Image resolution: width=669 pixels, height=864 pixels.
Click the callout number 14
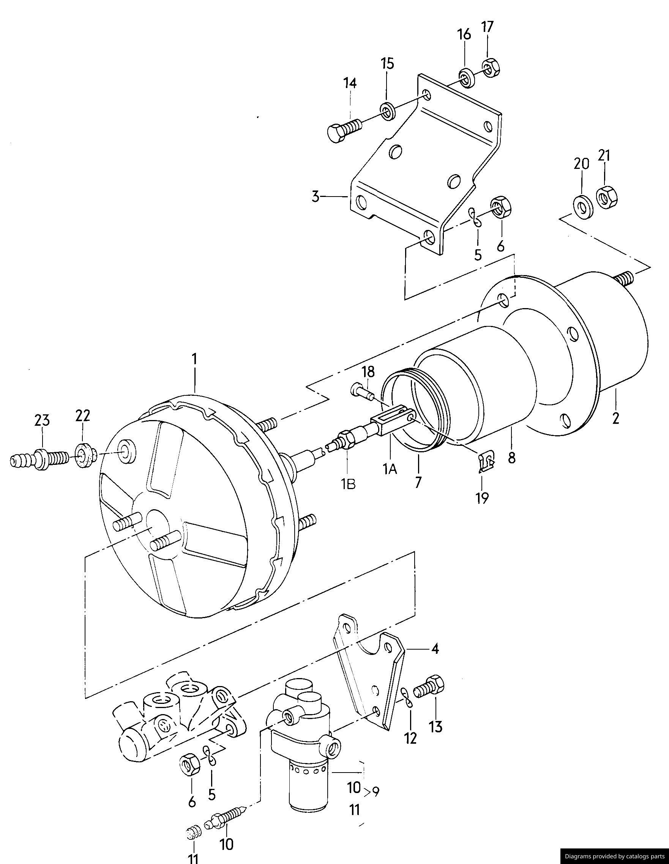click(350, 83)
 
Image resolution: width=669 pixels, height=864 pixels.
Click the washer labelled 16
click(467, 78)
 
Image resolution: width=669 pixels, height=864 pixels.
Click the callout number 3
click(316, 197)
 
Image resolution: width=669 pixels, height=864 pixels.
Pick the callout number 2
click(615, 418)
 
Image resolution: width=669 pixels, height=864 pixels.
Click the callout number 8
click(512, 458)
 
